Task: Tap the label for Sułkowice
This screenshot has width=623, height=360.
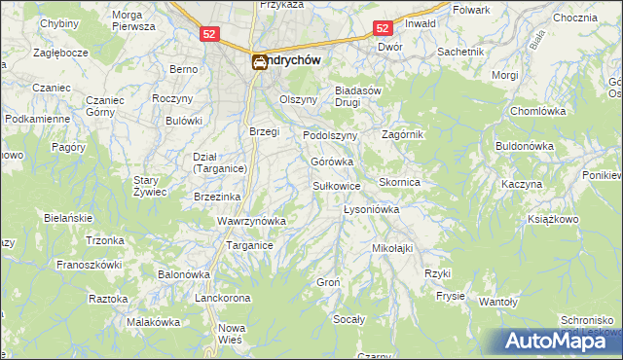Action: point(338,185)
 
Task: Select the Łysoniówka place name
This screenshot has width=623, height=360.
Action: point(373,209)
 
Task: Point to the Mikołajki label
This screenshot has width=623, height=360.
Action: point(393,248)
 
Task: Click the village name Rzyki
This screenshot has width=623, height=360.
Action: point(437,273)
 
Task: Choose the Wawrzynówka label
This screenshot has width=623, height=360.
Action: point(251,221)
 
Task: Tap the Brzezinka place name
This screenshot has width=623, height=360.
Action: point(217,196)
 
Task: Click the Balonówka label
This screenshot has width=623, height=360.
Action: point(185,274)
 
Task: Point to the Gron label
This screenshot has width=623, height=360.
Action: point(327,282)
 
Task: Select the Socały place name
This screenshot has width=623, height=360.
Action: point(348,319)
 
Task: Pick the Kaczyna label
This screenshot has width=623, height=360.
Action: point(522,183)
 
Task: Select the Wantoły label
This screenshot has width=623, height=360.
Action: point(498,302)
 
